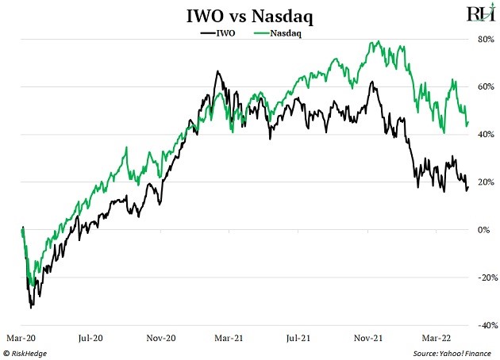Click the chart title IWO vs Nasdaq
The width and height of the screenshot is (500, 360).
point(251,15)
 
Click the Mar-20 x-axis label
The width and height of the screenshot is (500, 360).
point(21,337)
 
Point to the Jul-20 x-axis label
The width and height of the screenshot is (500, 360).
point(92,337)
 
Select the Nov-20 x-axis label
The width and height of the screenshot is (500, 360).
point(161,337)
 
